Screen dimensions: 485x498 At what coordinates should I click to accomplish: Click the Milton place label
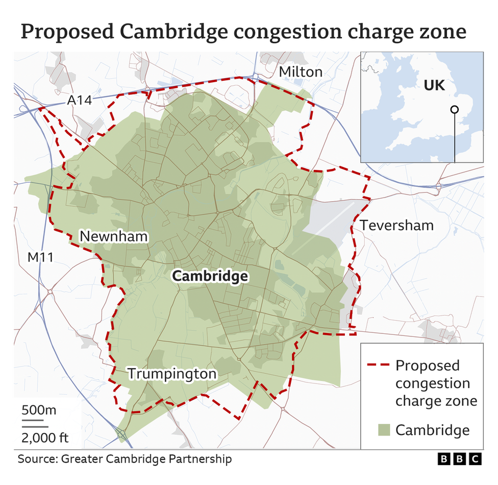pos(301,72)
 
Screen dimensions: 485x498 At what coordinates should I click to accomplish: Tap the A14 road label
pos(80,101)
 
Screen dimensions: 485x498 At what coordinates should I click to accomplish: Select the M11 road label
pos(40,257)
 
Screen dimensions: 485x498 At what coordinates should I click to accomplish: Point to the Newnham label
pos(113,237)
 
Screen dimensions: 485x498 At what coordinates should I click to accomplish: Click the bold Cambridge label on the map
pos(210,276)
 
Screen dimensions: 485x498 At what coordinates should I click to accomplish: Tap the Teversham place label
pos(396,225)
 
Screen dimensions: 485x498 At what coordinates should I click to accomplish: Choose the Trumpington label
pos(172,374)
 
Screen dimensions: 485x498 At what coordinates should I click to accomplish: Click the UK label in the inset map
pos(434,85)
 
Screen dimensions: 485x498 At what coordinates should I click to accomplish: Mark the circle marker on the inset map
pos(454,109)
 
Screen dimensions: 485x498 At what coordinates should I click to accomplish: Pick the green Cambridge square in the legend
pos(386,430)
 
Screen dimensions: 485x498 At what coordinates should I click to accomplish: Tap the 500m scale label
pos(39,410)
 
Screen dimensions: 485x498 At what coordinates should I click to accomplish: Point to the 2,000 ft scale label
pos(45,438)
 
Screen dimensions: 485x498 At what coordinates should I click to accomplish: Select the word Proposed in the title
pos(67,32)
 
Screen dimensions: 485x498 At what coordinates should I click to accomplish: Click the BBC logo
pos(460,459)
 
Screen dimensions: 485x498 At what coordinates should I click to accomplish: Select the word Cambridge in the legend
pos(432,430)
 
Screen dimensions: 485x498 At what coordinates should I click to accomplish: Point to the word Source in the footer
pos(37,459)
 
